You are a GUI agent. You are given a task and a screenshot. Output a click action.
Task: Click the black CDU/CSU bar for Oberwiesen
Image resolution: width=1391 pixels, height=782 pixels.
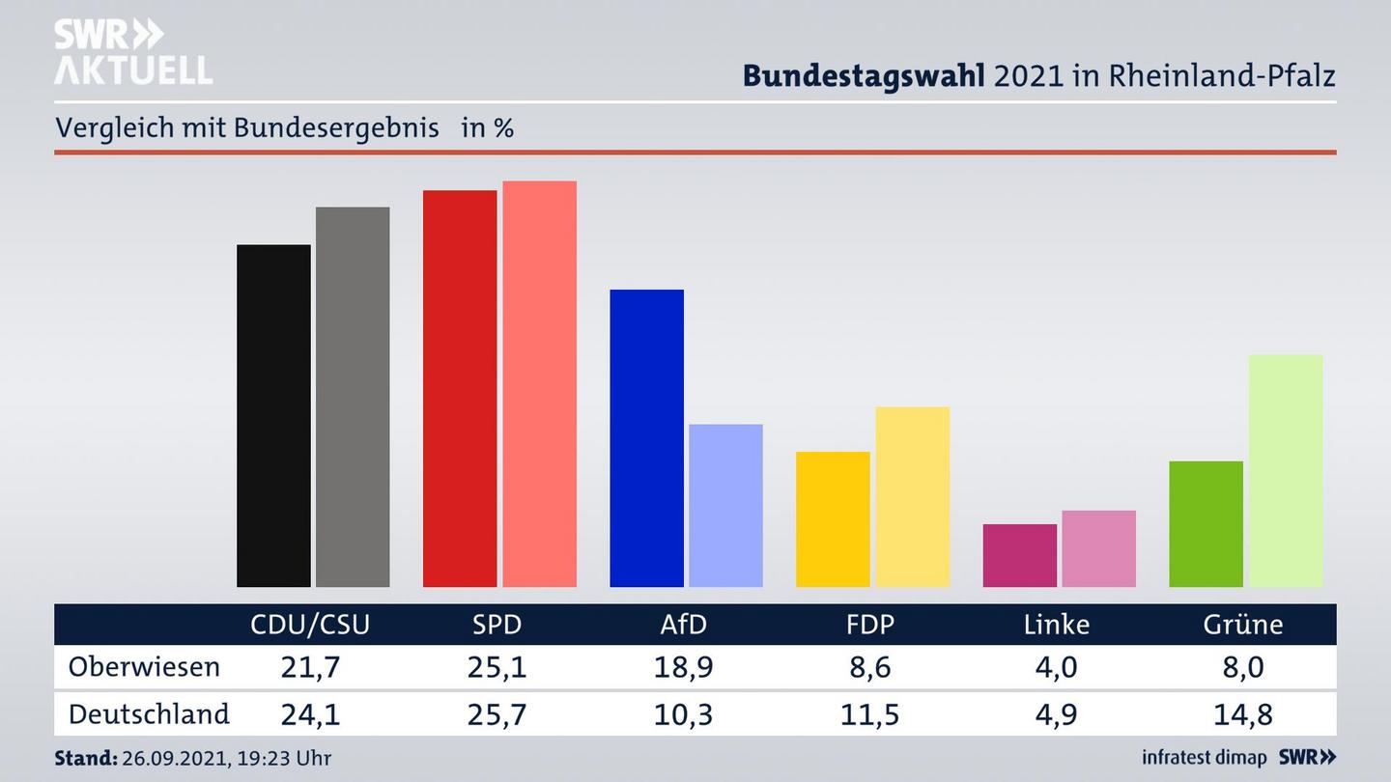click(x=273, y=415)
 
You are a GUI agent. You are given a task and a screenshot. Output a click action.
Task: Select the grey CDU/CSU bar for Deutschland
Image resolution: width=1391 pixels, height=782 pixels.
click(x=353, y=396)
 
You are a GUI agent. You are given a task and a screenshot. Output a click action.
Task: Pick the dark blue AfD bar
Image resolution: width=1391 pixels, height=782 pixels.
click(x=646, y=437)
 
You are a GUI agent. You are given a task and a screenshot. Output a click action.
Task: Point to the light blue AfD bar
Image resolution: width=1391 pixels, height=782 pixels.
click(x=725, y=505)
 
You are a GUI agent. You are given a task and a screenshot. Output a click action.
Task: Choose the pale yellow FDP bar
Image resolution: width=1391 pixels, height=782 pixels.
click(x=912, y=496)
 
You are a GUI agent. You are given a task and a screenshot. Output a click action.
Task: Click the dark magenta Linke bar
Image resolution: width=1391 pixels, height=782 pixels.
click(x=1019, y=555)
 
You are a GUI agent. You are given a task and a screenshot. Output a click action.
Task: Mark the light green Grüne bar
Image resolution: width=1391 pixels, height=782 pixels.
click(x=1285, y=470)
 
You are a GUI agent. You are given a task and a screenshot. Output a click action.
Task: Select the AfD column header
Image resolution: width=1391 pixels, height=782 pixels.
click(x=683, y=625)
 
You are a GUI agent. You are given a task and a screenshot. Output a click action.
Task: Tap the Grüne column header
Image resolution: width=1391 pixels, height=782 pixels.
click(x=1242, y=625)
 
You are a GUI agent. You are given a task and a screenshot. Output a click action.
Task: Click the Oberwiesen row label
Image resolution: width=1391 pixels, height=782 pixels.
click(x=144, y=667)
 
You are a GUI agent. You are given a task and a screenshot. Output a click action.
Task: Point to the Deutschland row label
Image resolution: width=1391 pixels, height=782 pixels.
click(x=149, y=714)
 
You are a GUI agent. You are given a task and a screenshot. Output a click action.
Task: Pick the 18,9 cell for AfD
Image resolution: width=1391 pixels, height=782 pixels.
click(x=683, y=667)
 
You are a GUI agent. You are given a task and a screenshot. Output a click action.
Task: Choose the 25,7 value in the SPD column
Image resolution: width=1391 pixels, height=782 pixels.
click(x=497, y=714)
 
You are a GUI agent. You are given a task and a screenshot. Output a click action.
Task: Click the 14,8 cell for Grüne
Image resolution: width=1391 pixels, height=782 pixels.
click(x=1242, y=714)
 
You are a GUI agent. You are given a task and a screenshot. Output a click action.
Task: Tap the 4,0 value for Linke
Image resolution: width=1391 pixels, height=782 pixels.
click(x=1056, y=667)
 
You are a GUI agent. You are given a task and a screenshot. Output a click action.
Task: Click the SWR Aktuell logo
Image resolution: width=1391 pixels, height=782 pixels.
click(x=132, y=52)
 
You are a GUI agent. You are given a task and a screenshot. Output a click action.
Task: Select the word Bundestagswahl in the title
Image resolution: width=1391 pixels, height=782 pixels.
click(x=864, y=75)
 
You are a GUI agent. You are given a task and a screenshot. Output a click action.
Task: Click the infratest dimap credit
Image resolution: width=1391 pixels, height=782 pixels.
click(x=1205, y=758)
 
